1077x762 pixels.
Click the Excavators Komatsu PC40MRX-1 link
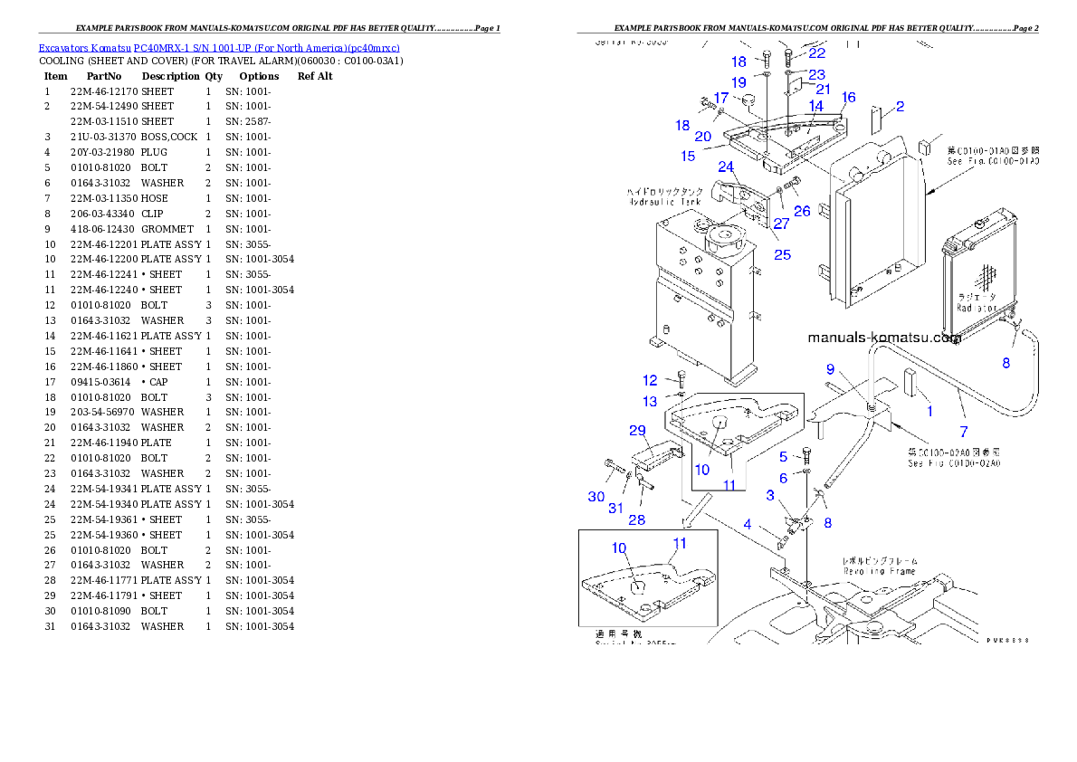218,48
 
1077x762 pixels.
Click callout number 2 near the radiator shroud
900,107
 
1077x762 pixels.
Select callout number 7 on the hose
963,432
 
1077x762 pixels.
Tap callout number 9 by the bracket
829,369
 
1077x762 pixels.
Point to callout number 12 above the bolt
650,380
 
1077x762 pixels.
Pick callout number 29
637,430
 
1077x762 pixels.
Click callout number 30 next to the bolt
596,497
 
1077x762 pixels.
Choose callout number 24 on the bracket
726,167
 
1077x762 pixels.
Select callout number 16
848,98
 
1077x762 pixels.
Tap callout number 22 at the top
816,53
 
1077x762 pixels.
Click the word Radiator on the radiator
977,307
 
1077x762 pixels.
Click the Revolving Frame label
878,571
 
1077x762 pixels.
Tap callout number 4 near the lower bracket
748,525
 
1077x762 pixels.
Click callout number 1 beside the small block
929,412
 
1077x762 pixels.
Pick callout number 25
782,254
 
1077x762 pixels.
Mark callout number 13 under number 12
650,401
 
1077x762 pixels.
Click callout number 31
615,508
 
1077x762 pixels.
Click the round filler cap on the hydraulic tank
724,239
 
